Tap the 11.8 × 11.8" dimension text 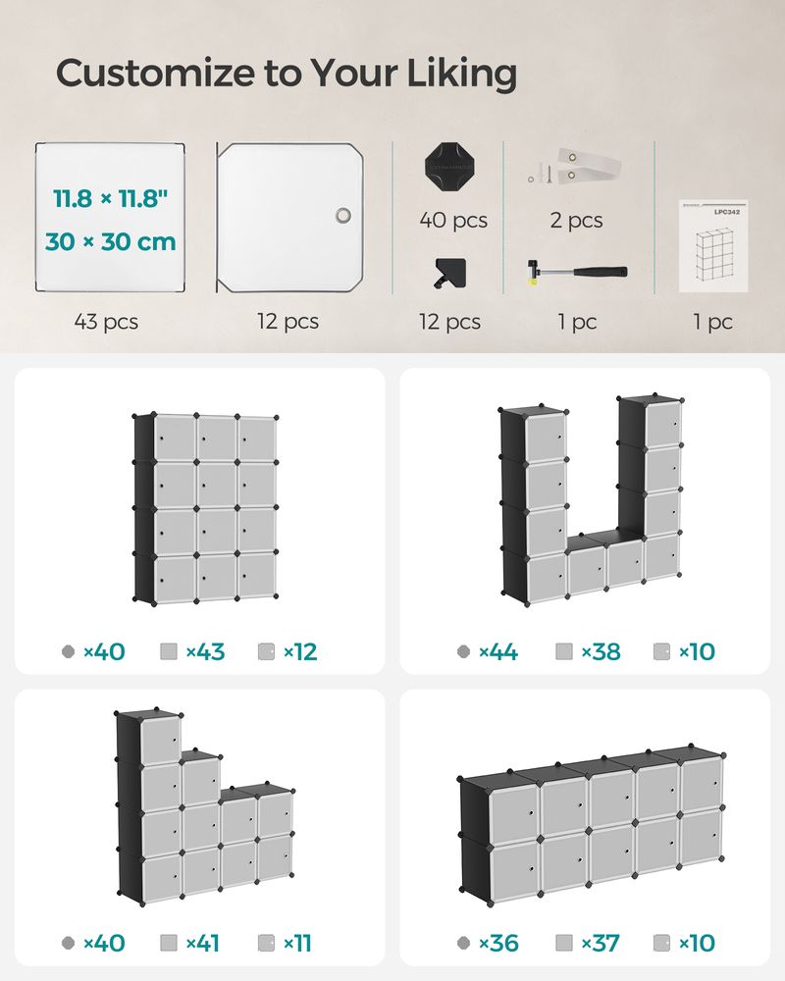tap(111, 199)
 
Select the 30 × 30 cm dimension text tap(111, 241)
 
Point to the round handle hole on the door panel tap(342, 216)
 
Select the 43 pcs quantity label tap(106, 321)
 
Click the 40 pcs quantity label tap(453, 221)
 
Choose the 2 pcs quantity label tap(576, 221)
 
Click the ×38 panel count tap(601, 651)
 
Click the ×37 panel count tap(601, 944)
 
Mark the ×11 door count tap(297, 944)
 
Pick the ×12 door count tap(300, 651)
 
